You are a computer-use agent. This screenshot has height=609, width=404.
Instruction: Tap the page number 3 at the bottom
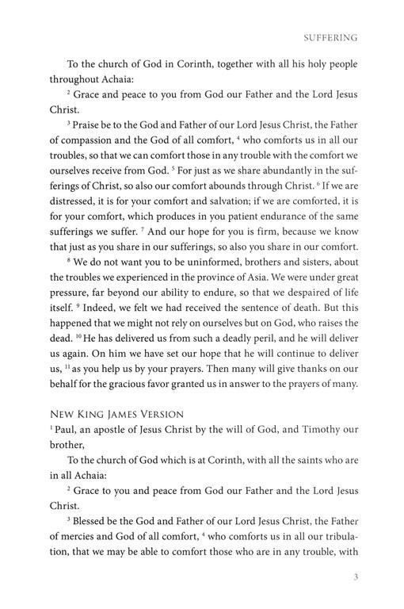pyautogui.click(x=356, y=576)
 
